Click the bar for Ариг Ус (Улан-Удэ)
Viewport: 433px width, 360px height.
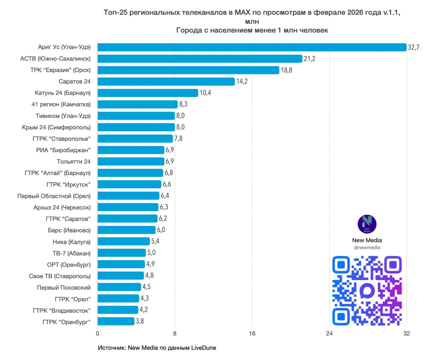tap(252, 47)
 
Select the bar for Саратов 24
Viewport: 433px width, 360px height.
tap(166, 82)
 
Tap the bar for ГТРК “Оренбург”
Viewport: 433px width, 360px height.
tap(116, 321)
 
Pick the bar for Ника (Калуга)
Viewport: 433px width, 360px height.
tap(123, 241)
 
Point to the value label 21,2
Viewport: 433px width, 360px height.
tap(309, 59)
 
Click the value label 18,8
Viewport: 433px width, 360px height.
tap(286, 70)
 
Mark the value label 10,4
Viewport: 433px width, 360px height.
tap(205, 93)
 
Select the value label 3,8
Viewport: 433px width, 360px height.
tap(140, 321)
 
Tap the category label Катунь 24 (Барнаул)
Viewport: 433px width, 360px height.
tap(63, 93)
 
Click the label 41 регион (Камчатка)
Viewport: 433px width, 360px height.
tap(61, 105)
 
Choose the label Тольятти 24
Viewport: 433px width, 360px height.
tap(73, 162)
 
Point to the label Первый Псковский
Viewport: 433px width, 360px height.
tap(64, 288)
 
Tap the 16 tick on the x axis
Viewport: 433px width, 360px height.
tap(252, 334)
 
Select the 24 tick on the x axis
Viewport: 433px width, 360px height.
tap(329, 334)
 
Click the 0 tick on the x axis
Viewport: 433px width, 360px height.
tap(97, 334)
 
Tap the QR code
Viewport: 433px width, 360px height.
tap(367, 291)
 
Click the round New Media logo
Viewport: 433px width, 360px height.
tap(367, 224)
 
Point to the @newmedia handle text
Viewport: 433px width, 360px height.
tap(367, 248)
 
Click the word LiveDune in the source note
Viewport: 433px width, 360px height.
tap(203, 348)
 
